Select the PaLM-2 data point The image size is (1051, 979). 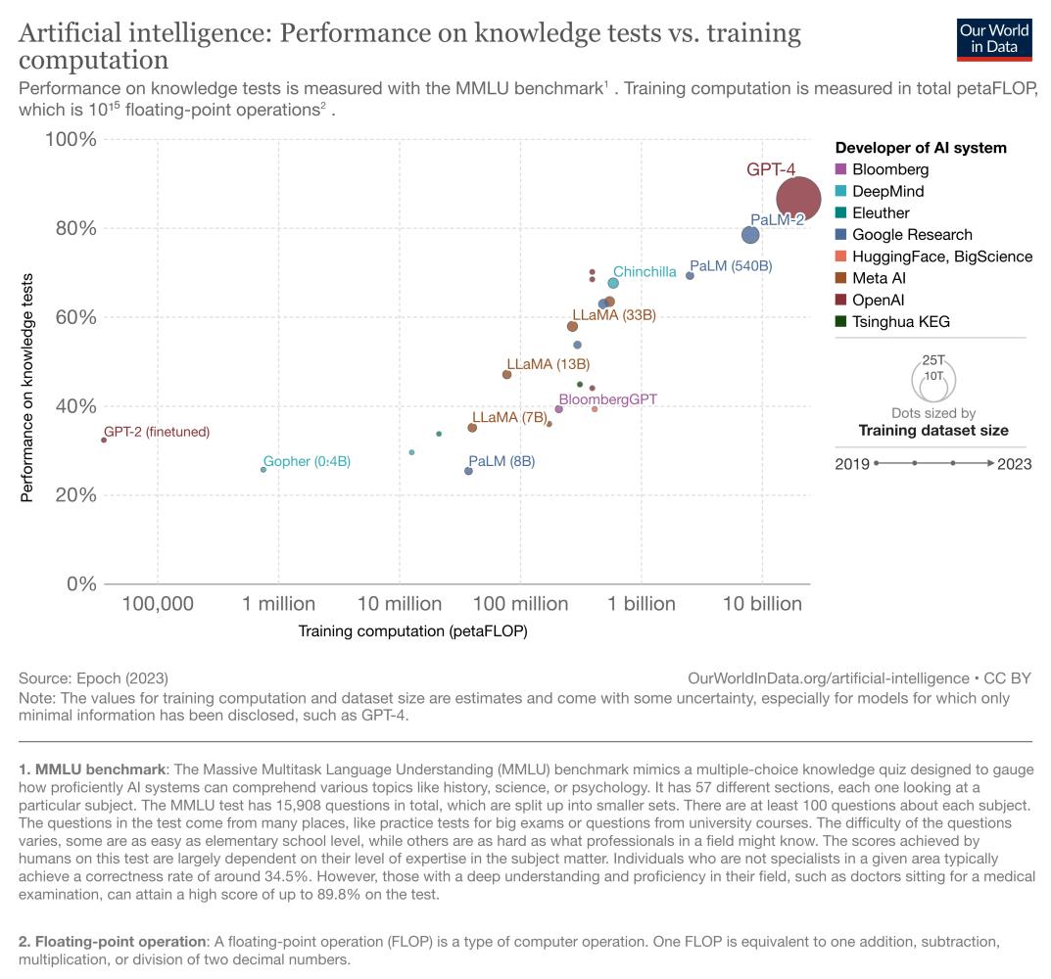click(750, 235)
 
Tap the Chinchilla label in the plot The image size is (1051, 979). click(645, 271)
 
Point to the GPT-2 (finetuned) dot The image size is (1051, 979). click(104, 440)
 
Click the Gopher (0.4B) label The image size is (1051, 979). click(307, 461)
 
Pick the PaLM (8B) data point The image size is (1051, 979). click(468, 471)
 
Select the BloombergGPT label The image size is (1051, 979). click(607, 399)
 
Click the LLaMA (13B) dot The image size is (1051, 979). click(506, 374)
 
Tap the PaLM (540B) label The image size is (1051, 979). click(731, 266)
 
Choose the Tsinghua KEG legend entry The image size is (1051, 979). click(900, 321)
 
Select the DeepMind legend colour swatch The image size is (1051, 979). click(841, 192)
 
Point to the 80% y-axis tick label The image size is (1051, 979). click(72, 228)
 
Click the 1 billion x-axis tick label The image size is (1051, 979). click(642, 604)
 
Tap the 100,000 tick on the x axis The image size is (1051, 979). click(158, 604)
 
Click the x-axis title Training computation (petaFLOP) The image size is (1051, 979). click(412, 631)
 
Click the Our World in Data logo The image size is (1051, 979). click(993, 36)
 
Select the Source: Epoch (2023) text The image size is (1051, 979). click(93, 677)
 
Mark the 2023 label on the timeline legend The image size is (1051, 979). click(1014, 463)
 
